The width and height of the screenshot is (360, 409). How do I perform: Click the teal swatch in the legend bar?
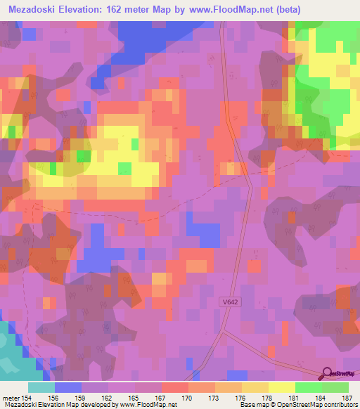point(41,387)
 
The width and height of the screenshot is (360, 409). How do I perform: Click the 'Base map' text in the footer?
point(251,404)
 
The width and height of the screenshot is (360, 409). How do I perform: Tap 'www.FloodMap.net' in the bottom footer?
point(147,404)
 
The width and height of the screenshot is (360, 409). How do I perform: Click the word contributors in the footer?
point(339,404)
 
